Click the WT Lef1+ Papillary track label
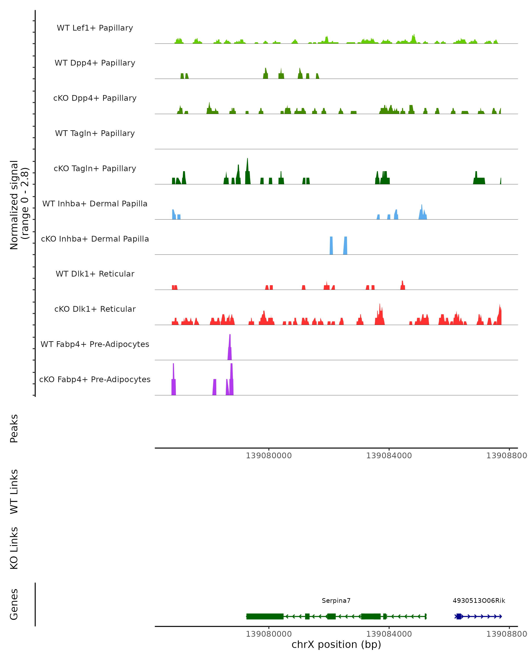[95, 28]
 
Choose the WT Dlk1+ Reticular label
[95, 274]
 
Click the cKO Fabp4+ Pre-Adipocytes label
[95, 379]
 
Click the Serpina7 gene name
[336, 601]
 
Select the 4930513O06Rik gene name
[479, 601]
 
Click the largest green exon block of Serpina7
[265, 616]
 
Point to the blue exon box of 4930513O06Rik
[458, 616]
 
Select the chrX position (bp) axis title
[336, 644]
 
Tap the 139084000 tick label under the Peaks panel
[389, 456]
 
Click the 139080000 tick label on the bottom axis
[269, 634]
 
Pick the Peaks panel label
[14, 428]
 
